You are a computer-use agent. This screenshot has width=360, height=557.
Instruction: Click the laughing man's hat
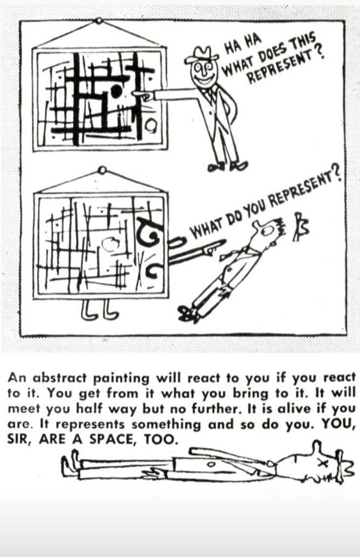(x=202, y=55)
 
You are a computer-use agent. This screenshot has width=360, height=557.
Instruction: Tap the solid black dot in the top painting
(x=116, y=91)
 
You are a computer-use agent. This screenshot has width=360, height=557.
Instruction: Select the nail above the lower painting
(x=102, y=171)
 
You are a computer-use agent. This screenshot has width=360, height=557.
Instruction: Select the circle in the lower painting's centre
(x=111, y=245)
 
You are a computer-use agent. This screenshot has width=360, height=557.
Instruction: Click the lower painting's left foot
(x=88, y=309)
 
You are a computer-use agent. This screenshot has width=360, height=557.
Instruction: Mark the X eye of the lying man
(x=322, y=462)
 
